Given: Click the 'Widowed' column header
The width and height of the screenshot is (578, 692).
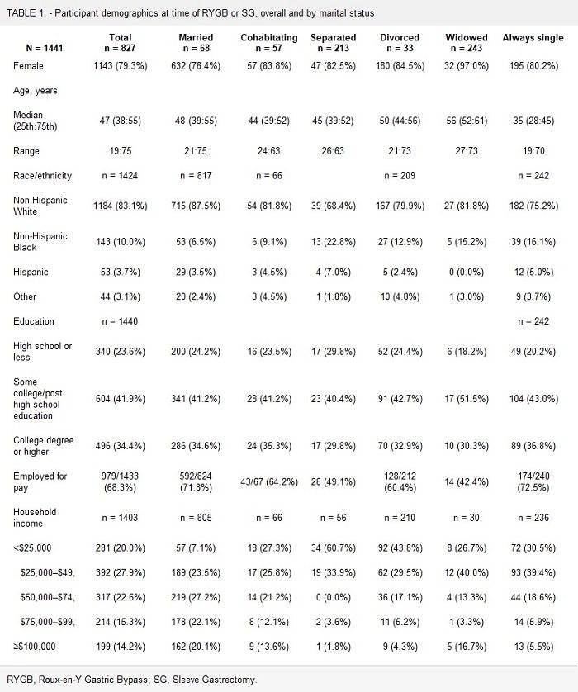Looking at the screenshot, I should click(467, 38).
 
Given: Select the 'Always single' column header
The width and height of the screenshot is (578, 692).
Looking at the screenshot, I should click(533, 38).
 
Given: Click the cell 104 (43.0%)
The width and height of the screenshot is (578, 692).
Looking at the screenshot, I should click(533, 397).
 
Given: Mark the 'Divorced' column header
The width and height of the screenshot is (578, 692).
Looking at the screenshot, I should click(400, 38).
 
